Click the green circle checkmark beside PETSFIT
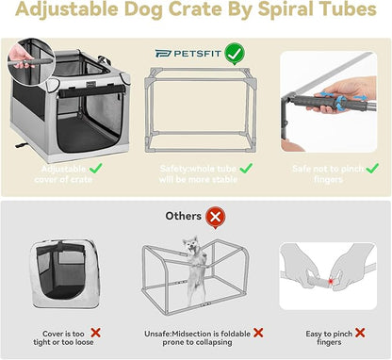[233, 53]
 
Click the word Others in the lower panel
[185, 217]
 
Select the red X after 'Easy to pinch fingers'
[364, 334]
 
